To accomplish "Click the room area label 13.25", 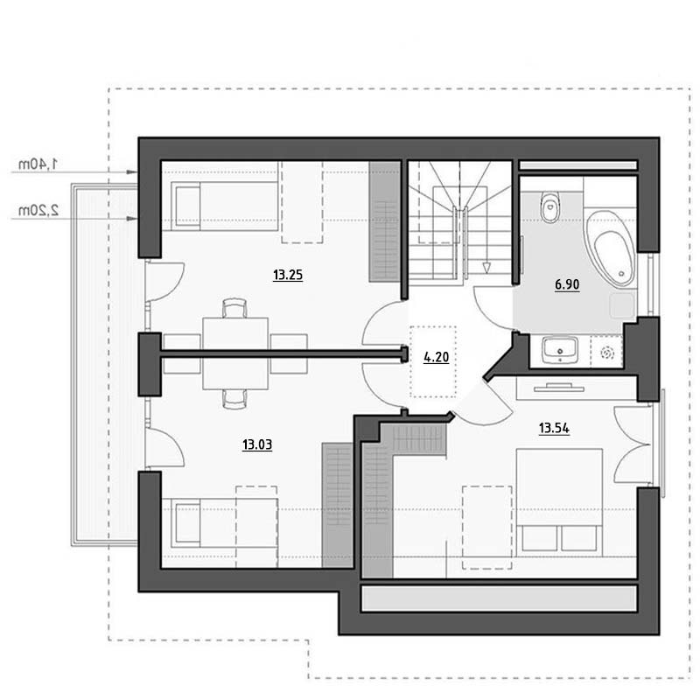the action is [x=288, y=275].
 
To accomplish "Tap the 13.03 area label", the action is [x=257, y=444].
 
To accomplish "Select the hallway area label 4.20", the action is [x=436, y=357].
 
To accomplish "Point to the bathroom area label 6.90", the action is [x=567, y=284].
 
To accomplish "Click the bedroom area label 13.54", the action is [x=554, y=429].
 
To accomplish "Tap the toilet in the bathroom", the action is [x=550, y=206].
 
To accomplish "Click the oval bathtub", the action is [x=610, y=248].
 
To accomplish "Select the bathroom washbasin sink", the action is [x=560, y=349].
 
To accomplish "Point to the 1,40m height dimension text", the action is [x=38, y=164].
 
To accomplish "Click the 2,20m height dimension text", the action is [x=38, y=210].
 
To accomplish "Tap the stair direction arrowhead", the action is [x=486, y=268].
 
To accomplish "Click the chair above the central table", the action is [x=234, y=308].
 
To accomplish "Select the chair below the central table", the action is [x=234, y=399].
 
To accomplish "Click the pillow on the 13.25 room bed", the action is [x=188, y=206].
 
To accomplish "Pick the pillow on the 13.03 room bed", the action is [x=188, y=523].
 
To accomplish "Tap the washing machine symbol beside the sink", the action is [x=607, y=353].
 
